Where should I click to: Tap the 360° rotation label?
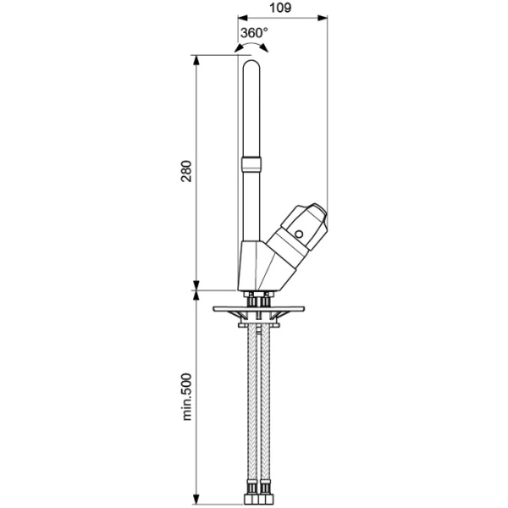253,33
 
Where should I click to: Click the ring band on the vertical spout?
252,163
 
